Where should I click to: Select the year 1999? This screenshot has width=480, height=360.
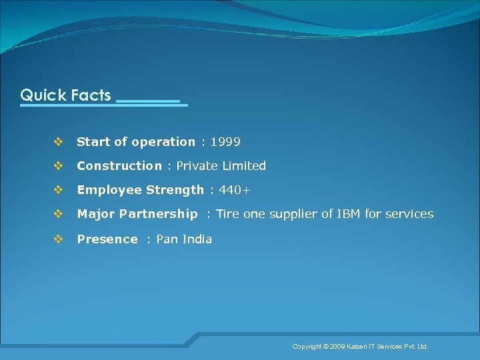click(x=225, y=142)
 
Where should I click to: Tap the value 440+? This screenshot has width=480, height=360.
click(x=235, y=190)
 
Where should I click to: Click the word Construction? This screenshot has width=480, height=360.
click(x=119, y=166)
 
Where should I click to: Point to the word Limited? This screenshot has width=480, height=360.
click(x=244, y=166)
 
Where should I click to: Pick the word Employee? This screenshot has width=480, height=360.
click(x=109, y=190)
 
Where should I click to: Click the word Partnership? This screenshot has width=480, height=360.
click(x=158, y=214)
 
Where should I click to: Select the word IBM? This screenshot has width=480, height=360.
click(x=349, y=214)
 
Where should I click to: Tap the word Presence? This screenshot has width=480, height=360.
click(x=107, y=239)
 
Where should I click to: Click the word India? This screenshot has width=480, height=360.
click(x=197, y=239)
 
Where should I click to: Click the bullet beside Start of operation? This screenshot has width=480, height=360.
click(x=57, y=142)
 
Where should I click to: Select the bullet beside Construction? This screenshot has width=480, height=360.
click(x=57, y=166)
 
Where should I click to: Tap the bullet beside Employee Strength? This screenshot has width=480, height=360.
click(x=57, y=190)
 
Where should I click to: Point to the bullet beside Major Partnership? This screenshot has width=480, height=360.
click(x=57, y=214)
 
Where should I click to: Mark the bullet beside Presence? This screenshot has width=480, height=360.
click(x=57, y=239)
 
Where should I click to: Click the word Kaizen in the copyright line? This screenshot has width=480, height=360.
click(x=357, y=347)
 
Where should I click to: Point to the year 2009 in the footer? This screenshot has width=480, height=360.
click(x=337, y=347)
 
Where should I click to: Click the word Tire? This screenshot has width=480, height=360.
click(x=228, y=214)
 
